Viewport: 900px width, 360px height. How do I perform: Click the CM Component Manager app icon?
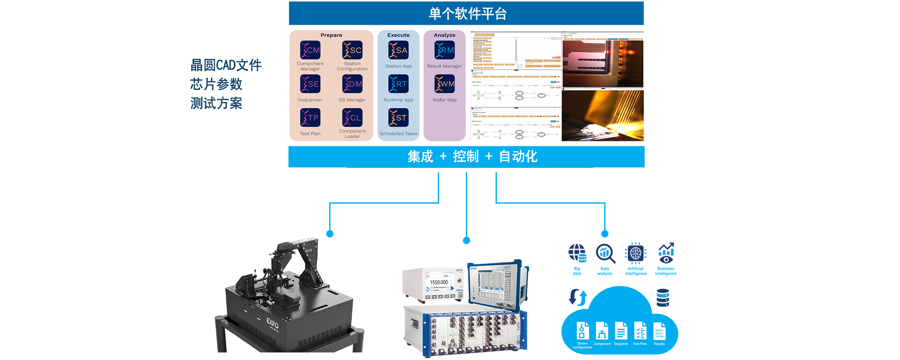click(310, 50)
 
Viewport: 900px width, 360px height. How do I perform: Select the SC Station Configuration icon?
click(352, 50)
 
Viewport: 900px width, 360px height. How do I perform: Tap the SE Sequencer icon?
click(310, 84)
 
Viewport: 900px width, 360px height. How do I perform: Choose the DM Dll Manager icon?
click(352, 84)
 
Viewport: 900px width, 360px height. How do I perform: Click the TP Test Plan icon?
click(310, 118)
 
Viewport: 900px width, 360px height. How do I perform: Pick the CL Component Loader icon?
click(352, 118)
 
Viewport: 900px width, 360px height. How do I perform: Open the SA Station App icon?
click(398, 50)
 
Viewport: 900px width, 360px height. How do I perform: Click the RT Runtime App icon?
click(398, 84)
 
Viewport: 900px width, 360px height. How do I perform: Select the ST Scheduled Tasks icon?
click(398, 118)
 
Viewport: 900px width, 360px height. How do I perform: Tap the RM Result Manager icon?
click(445, 50)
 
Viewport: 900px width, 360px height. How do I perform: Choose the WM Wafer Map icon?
click(445, 84)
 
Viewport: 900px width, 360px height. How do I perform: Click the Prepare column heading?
click(331, 35)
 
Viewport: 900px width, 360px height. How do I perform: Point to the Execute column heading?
click(398, 35)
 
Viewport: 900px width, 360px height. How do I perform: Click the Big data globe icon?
click(577, 253)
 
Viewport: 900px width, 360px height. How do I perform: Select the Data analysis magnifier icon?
click(605, 253)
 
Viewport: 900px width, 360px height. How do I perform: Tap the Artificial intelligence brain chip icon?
click(635, 253)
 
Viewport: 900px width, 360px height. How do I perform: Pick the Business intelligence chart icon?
click(666, 253)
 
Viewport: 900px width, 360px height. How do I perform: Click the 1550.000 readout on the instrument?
click(439, 283)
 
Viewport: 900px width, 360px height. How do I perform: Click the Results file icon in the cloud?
click(659, 332)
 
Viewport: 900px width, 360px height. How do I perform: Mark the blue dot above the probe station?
click(330, 234)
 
